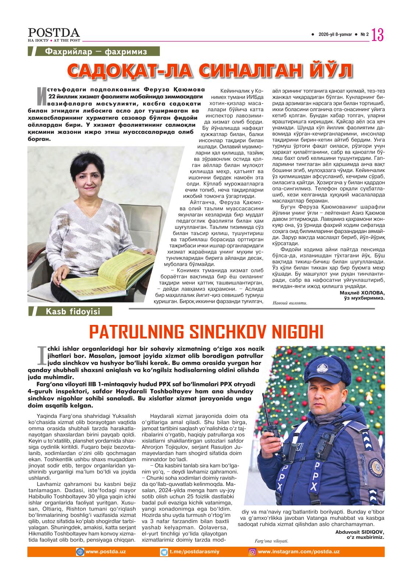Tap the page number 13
(378, 35)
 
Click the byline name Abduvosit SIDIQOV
(359, 532)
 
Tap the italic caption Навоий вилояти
(290, 304)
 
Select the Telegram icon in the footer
(164, 552)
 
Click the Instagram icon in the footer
(253, 552)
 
